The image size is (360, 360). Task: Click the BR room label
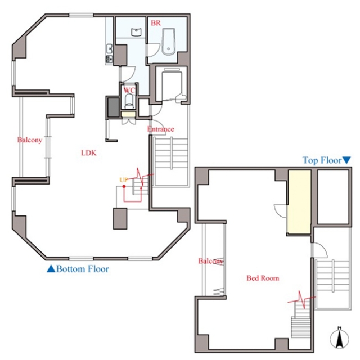[x=156, y=23]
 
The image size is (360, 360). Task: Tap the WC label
[x=129, y=90]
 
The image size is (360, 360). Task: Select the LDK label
[x=89, y=152]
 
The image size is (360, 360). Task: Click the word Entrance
[x=160, y=129]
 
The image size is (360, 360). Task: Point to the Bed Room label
[x=263, y=278]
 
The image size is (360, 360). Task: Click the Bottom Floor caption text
[x=83, y=269]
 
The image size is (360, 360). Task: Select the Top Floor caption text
[x=322, y=160]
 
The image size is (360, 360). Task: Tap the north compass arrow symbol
[x=339, y=337]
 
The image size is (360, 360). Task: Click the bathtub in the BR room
[x=168, y=42]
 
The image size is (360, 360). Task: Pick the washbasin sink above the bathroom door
[x=136, y=32]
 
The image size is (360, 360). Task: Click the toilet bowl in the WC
[x=129, y=101]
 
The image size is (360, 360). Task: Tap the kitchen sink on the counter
[x=109, y=49]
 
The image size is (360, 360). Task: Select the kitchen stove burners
[x=109, y=59]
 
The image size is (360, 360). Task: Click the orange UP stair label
[x=123, y=180]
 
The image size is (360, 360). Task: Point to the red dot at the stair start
[x=124, y=186]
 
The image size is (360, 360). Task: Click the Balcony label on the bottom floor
[x=30, y=140]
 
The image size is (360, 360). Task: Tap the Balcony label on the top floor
[x=210, y=261]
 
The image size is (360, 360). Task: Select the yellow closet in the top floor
[x=299, y=202]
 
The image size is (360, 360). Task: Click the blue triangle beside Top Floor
[x=346, y=160]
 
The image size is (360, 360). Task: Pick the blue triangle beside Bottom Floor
[x=51, y=269]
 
